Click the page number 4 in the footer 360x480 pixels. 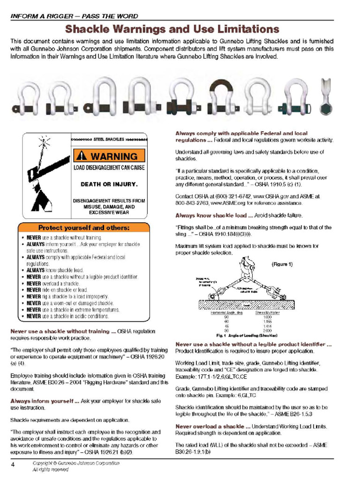pyautogui.click(x=13, y=465)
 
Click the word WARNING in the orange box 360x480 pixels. pyautogui.click(x=114, y=156)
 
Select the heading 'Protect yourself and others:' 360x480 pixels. pyautogui.click(x=83, y=228)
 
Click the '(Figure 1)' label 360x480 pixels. pyautogui.click(x=282, y=264)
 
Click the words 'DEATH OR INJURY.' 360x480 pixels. pyautogui.click(x=109, y=184)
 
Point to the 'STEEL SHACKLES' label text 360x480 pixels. pyautogui.click(x=109, y=139)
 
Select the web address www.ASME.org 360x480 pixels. pyautogui.click(x=225, y=203)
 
